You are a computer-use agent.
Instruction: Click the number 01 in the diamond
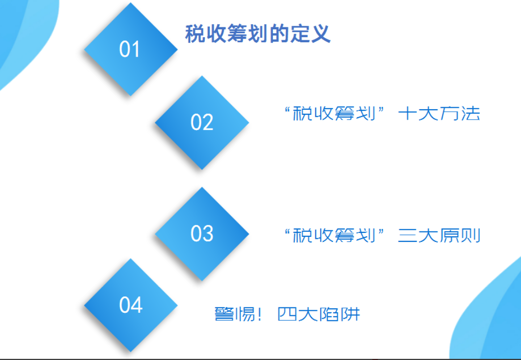[x=130, y=50]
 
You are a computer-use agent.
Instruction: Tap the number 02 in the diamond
[x=202, y=122]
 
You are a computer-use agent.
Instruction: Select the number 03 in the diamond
[x=202, y=233]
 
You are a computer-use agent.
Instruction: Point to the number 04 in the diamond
[x=131, y=305]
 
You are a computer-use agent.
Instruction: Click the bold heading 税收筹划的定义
[x=258, y=35]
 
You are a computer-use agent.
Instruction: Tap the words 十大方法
[x=439, y=115]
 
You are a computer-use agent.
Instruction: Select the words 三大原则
[x=439, y=235]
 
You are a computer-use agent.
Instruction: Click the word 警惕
[x=233, y=314]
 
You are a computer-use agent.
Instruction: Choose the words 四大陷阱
[x=319, y=314]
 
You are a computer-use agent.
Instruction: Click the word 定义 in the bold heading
[x=313, y=35]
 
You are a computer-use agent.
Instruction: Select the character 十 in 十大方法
[x=407, y=115]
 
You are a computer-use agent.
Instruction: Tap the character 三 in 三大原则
[x=407, y=235]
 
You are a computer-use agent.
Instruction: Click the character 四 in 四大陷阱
[x=287, y=314]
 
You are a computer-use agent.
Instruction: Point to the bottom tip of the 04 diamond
[x=131, y=351]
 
